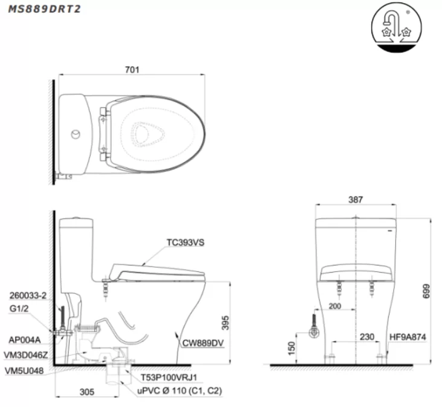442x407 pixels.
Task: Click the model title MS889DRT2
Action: click(43, 9)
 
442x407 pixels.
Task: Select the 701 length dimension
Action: click(132, 70)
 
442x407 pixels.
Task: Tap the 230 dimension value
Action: click(367, 336)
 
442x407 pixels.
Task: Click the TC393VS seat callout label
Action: click(185, 242)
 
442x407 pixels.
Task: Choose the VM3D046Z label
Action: click(26, 356)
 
